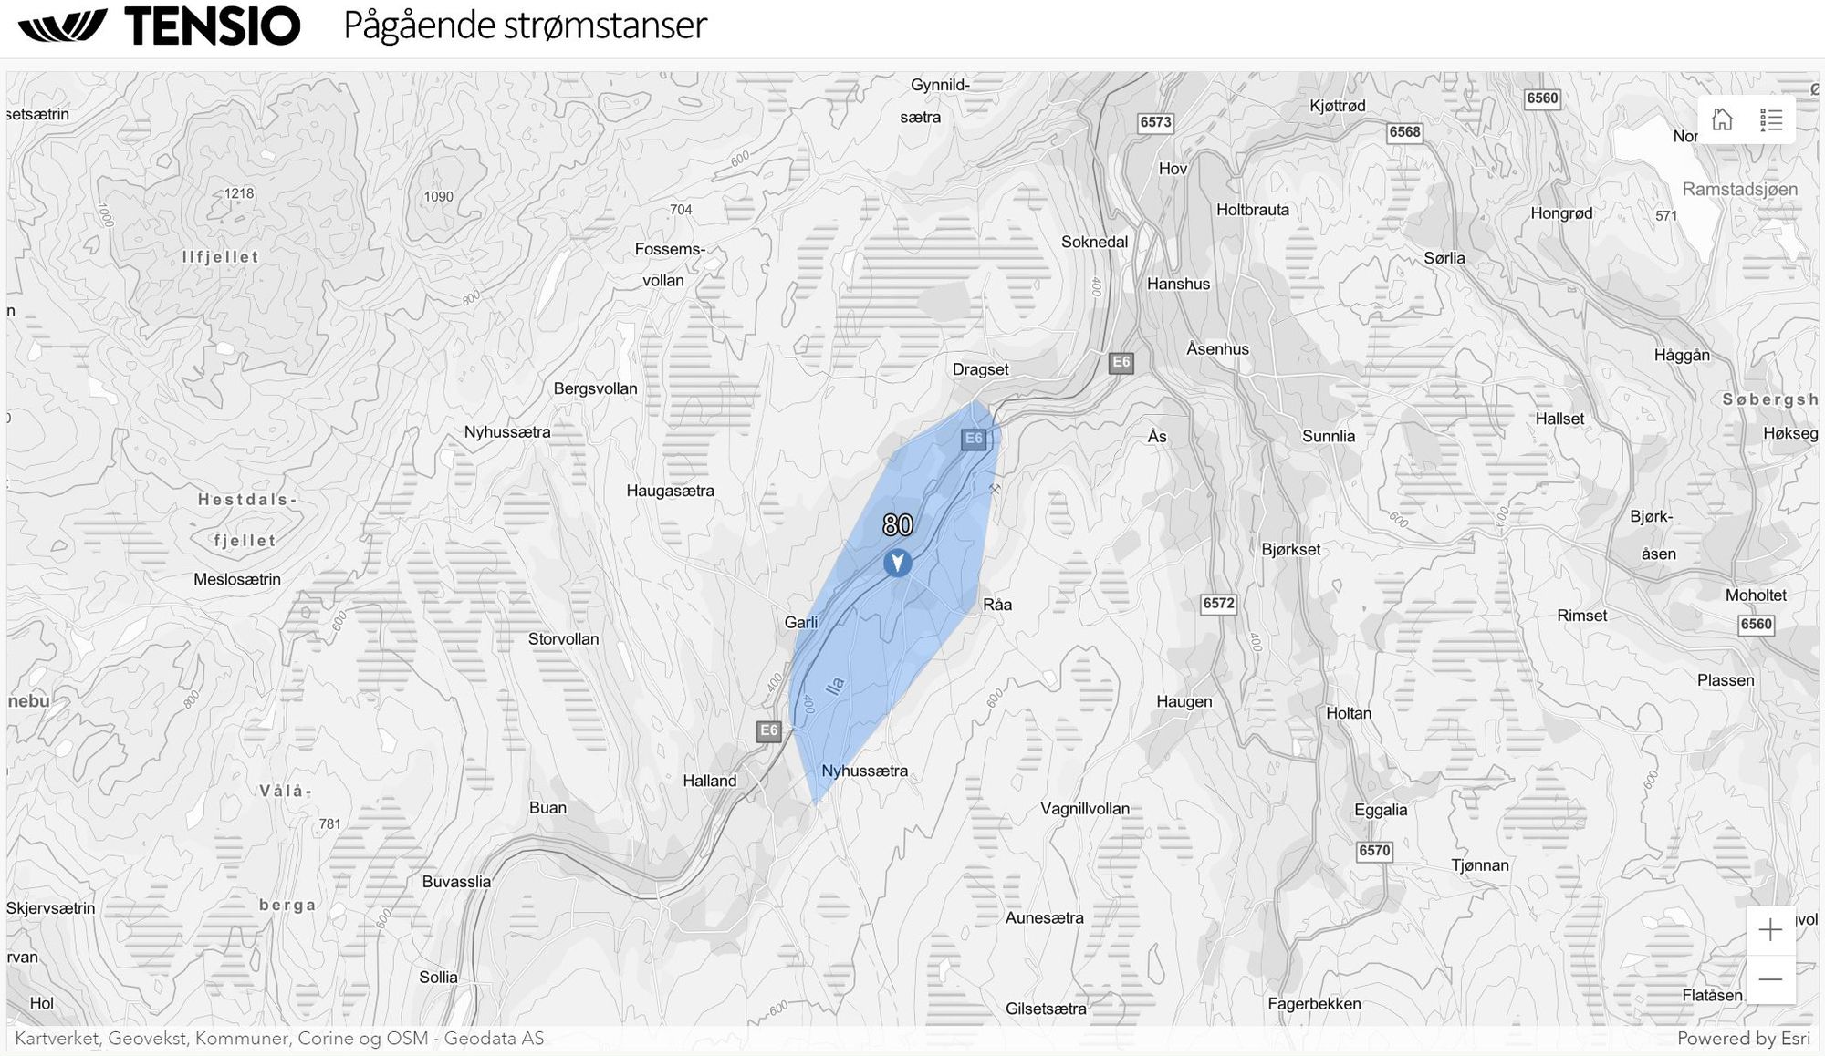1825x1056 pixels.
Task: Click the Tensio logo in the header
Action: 160,26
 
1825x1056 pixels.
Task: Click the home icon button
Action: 1722,119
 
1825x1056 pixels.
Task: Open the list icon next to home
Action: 1771,119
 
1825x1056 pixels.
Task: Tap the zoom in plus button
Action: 1770,930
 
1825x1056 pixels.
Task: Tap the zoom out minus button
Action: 1770,979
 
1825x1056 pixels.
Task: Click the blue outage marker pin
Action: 897,563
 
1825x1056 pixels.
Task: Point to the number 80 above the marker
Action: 898,525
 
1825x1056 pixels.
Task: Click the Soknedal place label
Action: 1094,243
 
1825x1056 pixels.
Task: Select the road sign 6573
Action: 1155,122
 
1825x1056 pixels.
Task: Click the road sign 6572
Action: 1218,604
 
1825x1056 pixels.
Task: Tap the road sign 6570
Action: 1374,851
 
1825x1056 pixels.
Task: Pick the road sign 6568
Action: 1404,132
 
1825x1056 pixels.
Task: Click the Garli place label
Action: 800,623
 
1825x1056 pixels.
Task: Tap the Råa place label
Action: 997,605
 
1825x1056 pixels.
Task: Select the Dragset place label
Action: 980,369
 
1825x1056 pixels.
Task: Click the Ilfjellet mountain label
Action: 220,257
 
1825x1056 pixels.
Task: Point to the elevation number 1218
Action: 239,193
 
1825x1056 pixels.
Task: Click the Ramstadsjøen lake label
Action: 1739,190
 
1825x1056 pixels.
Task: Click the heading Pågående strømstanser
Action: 525,26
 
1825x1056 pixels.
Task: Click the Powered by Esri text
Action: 1743,1038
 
